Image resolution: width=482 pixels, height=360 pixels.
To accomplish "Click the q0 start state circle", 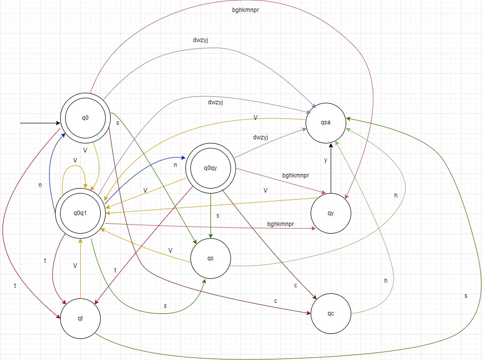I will tap(85, 118).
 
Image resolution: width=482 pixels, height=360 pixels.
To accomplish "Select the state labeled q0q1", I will tap(80, 213).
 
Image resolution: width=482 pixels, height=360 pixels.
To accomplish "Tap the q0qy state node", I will tap(210, 168).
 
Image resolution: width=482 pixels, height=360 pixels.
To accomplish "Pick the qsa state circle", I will tap(326, 122).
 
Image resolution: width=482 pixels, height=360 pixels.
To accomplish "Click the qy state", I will tap(331, 213).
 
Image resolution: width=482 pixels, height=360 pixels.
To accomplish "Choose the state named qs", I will tap(210, 258).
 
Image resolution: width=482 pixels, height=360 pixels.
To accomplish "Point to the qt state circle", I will tap(80, 318).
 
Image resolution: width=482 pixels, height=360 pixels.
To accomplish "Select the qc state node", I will tap(331, 313).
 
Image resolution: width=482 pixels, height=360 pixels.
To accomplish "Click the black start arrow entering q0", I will tap(40, 122).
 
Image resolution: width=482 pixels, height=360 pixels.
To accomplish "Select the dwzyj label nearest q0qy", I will tap(261, 137).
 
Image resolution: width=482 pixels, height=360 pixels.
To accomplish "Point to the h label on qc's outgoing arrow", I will tap(386, 281).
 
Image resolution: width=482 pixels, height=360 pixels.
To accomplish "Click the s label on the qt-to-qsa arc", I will tap(465, 295).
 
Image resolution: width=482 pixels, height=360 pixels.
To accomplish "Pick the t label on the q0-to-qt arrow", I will tap(15, 285).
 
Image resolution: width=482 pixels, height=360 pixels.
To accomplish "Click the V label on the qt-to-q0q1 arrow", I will tap(75, 265).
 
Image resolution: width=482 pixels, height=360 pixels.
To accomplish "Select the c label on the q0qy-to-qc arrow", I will tap(296, 285).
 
